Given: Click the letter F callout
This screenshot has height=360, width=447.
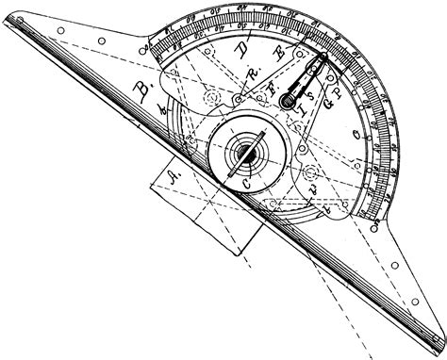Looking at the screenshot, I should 273,90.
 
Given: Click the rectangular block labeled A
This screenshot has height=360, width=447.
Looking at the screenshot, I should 203,207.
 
